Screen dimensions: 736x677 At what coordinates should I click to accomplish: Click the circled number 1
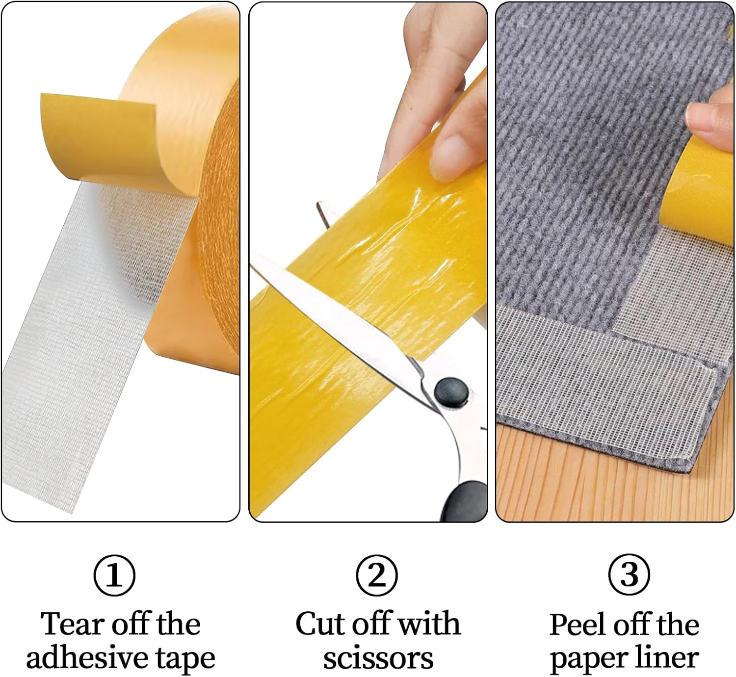(114, 576)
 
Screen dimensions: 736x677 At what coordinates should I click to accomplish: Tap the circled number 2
(377, 576)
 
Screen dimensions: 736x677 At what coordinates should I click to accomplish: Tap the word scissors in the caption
(378, 659)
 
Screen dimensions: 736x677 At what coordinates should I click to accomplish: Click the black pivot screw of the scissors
(451, 391)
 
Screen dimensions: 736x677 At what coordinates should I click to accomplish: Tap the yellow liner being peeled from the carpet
(699, 191)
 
